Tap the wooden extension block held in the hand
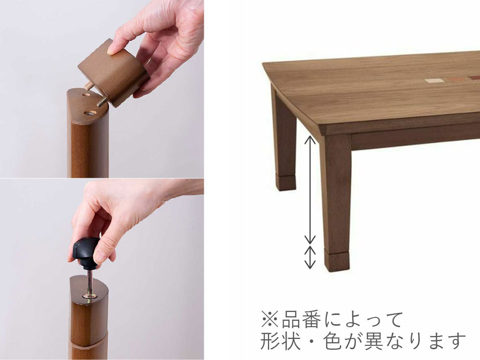tap(114, 73)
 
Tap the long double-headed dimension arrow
tap(310, 190)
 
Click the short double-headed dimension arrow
tap(310, 257)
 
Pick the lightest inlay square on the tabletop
tap(434, 81)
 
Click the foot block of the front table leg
tap(337, 261)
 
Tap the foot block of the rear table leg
tap(286, 182)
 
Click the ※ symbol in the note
tap(270, 319)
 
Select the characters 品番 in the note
tap(301, 319)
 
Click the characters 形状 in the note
tap(280, 341)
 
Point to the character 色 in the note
tap(333, 341)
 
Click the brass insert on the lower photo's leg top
tap(90, 296)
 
